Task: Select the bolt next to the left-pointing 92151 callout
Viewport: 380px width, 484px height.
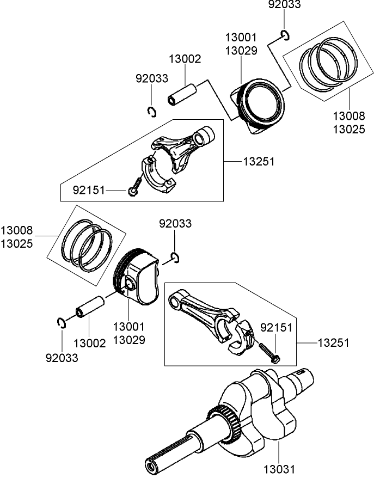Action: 135,185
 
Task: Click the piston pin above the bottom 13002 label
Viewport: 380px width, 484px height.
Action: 90,307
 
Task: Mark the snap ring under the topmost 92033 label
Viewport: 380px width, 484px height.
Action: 285,36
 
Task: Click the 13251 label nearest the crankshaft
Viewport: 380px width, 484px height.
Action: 333,343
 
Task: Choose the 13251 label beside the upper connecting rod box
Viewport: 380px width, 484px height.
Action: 259,162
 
